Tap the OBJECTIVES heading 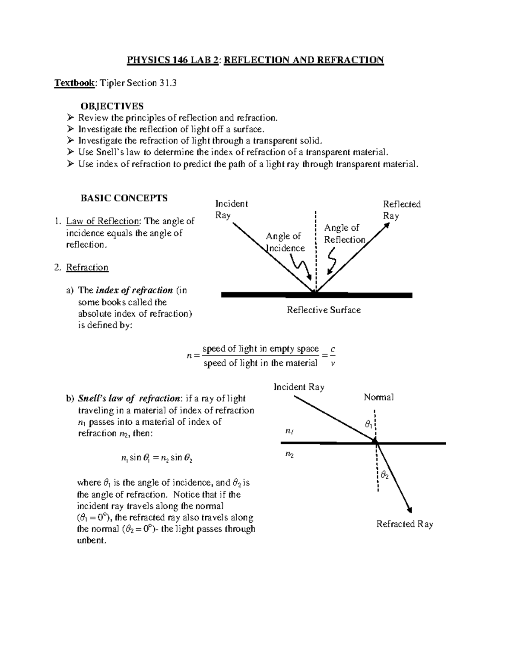pyautogui.click(x=112, y=106)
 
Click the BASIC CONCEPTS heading pyautogui.click(x=124, y=198)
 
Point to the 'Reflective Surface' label pyautogui.click(x=324, y=310)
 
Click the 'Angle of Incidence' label pyautogui.click(x=284, y=242)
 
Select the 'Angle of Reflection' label pyautogui.click(x=344, y=234)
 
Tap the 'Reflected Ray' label pyautogui.click(x=402, y=210)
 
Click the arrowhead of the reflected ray pyautogui.click(x=387, y=226)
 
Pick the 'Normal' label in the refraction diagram pyautogui.click(x=379, y=397)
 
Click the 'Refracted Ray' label pyautogui.click(x=405, y=524)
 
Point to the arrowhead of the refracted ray pyautogui.click(x=410, y=510)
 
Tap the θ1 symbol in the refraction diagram pyautogui.click(x=368, y=424)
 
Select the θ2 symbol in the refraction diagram pyautogui.click(x=385, y=475)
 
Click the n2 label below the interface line pyautogui.click(x=290, y=455)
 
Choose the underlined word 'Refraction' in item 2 pyautogui.click(x=87, y=267)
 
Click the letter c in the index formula pyautogui.click(x=333, y=349)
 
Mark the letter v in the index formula pyautogui.click(x=333, y=363)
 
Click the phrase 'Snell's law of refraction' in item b pyautogui.click(x=129, y=398)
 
